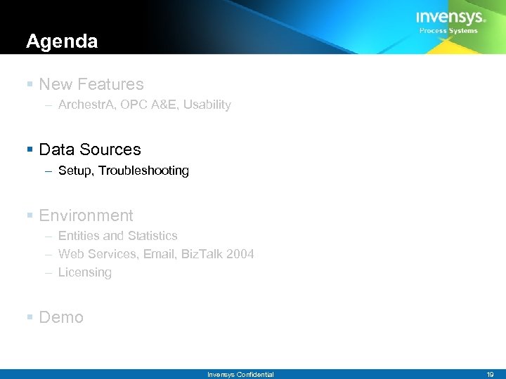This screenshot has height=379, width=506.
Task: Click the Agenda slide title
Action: [x=62, y=42]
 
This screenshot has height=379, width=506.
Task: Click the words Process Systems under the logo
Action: [x=448, y=31]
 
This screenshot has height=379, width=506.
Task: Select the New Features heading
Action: [x=91, y=84]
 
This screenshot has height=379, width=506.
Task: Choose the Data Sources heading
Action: [x=90, y=149]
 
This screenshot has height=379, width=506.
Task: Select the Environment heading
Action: [x=86, y=215]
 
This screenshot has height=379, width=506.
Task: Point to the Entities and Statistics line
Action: [x=117, y=236]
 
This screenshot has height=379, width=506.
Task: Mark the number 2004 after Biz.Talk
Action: [x=240, y=254]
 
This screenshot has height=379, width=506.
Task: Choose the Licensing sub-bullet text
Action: [x=85, y=272]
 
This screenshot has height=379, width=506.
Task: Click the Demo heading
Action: [x=61, y=317]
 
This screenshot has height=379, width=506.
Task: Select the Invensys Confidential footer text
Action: [x=240, y=375]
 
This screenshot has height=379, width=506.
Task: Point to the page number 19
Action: [x=490, y=375]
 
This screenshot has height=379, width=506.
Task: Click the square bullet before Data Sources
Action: [x=30, y=150]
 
